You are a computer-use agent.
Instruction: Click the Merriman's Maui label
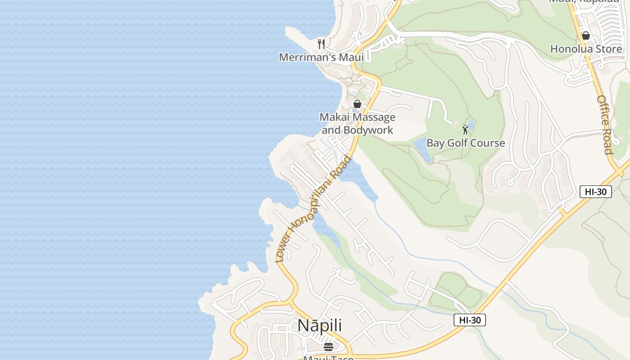coord(321,57)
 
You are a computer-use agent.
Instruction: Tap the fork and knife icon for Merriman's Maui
coord(321,44)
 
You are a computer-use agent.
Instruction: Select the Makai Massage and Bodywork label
coord(357,123)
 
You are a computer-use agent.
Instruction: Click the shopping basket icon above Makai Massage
coord(357,104)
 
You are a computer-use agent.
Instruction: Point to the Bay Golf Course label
coord(465,143)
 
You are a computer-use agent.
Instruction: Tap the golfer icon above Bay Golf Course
coord(465,130)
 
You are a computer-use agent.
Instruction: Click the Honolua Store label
coord(586,49)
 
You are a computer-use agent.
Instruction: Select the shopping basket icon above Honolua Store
coord(586,35)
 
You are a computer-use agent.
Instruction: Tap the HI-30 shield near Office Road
coord(595,192)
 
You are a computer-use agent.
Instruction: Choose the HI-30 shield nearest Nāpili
coord(470,320)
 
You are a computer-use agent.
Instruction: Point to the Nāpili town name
coord(319,325)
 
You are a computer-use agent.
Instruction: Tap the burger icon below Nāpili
coord(328,346)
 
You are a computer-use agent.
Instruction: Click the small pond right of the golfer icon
coord(471,123)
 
